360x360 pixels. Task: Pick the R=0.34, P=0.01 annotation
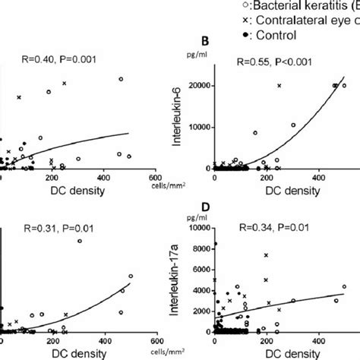273,227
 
